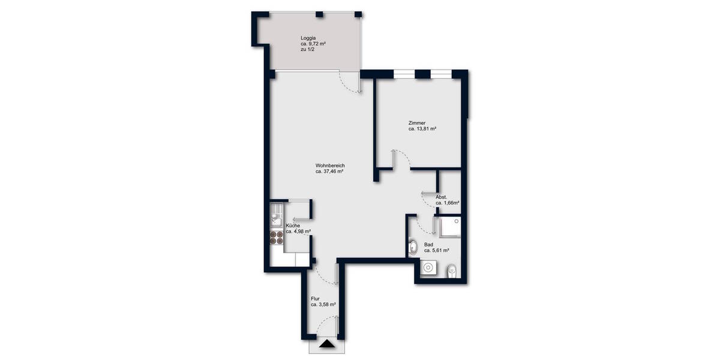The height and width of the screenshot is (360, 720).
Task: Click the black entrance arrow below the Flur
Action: click(326, 344)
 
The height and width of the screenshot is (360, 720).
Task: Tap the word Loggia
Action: click(308, 38)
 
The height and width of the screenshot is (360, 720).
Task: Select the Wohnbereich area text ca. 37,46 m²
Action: click(329, 172)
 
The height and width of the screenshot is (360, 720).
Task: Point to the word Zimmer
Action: click(417, 123)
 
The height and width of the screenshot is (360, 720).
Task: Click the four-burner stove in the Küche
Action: click(277, 237)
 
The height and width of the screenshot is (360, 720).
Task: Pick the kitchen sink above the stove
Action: click(277, 214)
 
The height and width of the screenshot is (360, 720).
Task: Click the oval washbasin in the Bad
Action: click(414, 247)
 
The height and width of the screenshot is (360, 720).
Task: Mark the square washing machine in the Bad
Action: click(429, 268)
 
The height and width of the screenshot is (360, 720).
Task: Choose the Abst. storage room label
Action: click(442, 197)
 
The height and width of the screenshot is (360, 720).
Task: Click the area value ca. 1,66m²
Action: click(448, 203)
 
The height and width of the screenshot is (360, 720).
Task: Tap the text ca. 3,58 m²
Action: click(323, 305)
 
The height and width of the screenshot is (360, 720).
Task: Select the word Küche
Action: click(293, 226)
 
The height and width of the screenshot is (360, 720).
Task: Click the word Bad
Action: click(428, 244)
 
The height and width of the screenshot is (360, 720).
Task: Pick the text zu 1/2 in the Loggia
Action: click(308, 50)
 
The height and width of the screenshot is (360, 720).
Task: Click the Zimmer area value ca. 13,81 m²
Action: click(422, 129)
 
